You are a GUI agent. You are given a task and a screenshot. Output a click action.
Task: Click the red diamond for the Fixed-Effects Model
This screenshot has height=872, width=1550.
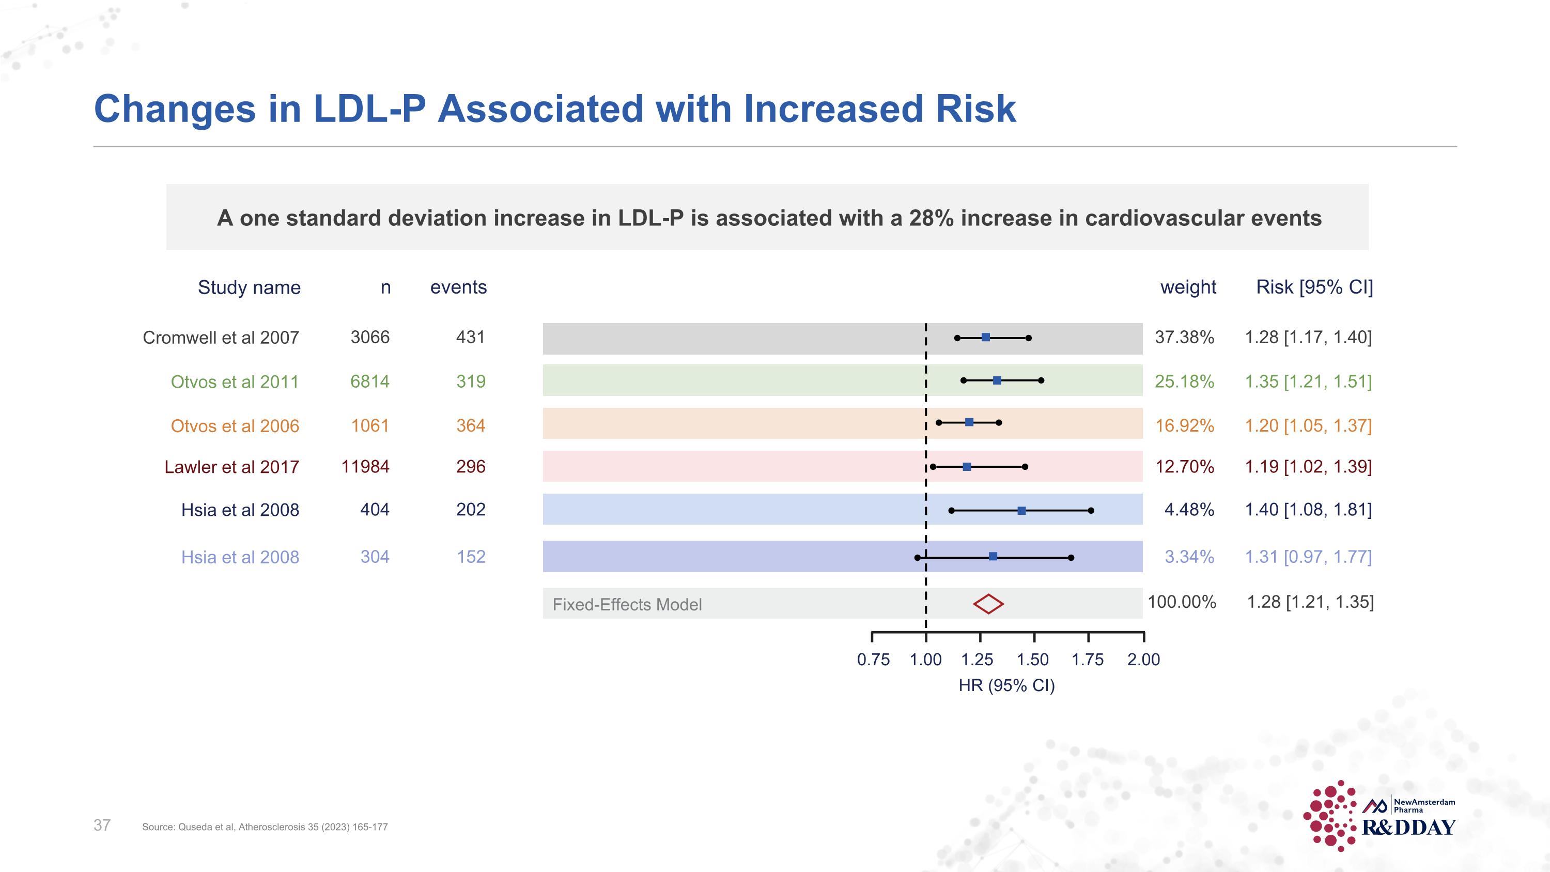point(988,604)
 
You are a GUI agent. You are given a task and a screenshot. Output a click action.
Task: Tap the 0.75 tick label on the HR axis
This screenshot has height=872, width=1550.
point(873,660)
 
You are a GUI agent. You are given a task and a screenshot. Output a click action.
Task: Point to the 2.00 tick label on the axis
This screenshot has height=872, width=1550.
point(1143,660)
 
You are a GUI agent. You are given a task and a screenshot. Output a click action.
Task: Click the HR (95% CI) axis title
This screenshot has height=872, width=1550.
point(1006,685)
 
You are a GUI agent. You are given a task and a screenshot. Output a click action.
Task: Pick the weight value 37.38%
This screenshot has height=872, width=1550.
point(1184,337)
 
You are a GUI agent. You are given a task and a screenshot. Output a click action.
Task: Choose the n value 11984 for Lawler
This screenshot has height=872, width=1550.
point(365,466)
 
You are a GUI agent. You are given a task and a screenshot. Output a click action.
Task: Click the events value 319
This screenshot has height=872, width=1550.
point(471,381)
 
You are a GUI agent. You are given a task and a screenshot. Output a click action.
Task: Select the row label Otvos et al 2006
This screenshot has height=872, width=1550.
point(235,425)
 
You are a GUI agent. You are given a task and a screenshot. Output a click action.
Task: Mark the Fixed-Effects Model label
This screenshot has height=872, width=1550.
point(627,604)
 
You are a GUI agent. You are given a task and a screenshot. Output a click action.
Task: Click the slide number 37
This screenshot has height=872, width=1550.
point(102,825)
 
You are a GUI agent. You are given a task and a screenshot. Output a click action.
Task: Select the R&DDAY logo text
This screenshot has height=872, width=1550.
point(1408,828)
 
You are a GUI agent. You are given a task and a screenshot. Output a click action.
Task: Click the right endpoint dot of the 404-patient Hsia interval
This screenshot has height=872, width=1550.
point(1091,510)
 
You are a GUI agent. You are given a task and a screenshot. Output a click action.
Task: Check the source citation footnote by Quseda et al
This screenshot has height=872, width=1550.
point(265,827)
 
